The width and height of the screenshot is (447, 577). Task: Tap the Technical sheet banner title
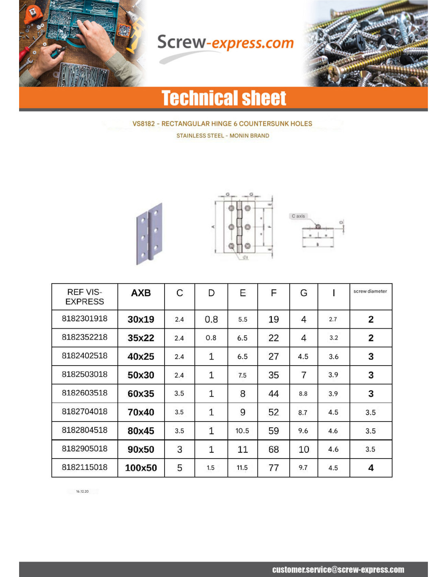tap(223, 98)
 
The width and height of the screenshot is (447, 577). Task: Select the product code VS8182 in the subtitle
tap(143, 124)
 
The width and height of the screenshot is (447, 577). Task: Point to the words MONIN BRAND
tap(249, 136)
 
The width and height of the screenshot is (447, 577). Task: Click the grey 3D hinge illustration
tap(149, 233)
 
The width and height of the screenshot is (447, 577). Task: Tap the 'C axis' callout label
tap(298, 216)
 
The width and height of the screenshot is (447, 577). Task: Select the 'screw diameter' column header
tap(370, 291)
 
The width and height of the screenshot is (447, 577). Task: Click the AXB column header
tap(141, 293)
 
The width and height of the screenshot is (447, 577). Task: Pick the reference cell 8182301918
tap(85, 319)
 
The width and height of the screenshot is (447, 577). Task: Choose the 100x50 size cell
tap(141, 468)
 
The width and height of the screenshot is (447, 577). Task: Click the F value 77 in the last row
tap(273, 468)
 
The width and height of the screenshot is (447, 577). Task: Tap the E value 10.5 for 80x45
tap(242, 431)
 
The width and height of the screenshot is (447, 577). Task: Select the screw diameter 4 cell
tap(371, 468)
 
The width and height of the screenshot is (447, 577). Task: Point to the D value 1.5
tap(210, 468)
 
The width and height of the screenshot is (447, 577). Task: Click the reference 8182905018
tap(85, 449)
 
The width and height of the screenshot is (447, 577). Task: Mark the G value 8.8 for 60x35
tap(303, 394)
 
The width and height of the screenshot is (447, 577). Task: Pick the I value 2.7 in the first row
tap(333, 319)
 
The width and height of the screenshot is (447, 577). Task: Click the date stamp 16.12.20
tap(82, 491)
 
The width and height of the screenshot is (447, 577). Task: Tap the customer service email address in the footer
tap(338, 570)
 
